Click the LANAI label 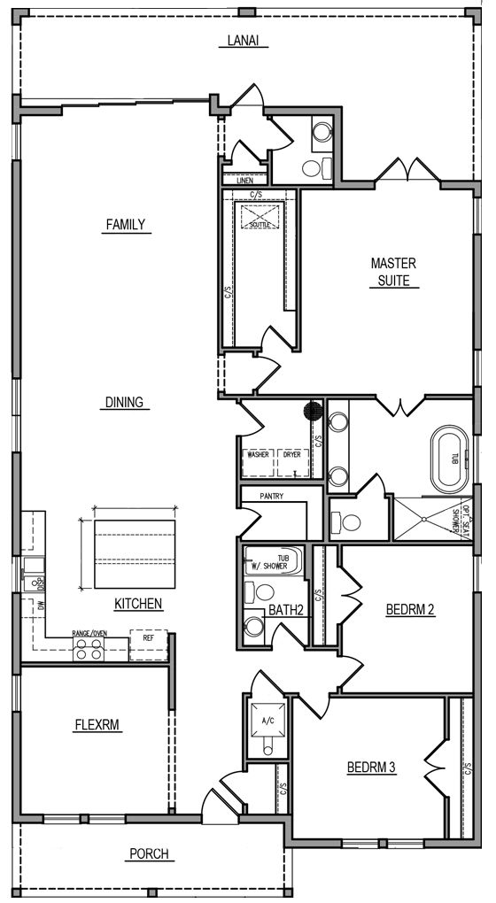(x=242, y=42)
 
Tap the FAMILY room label (x=125, y=225)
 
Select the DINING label (x=124, y=402)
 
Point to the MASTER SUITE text (x=393, y=272)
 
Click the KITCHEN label (x=137, y=604)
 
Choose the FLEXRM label (x=97, y=725)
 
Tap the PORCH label (x=148, y=854)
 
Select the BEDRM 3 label (x=370, y=768)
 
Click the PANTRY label (x=271, y=496)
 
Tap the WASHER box (x=258, y=460)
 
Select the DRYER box (x=291, y=460)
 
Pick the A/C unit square (x=267, y=722)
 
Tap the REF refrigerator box (x=148, y=644)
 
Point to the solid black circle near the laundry (x=312, y=412)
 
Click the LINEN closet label (x=244, y=181)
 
